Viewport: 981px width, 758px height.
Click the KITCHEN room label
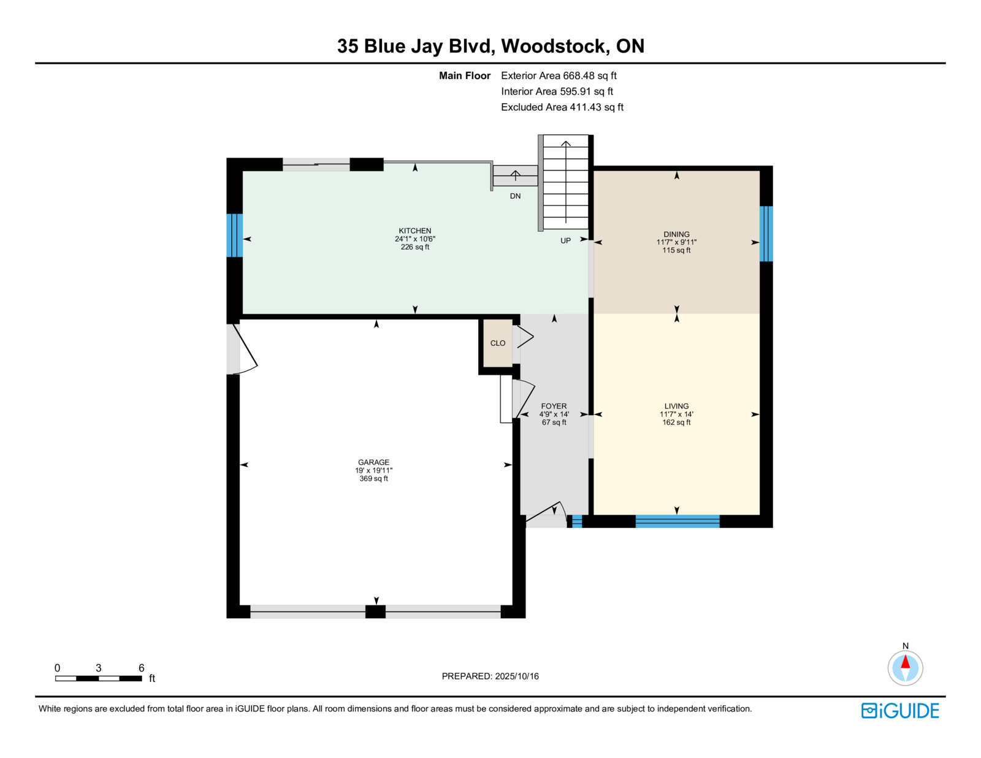tap(415, 231)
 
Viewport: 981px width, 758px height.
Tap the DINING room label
tap(676, 234)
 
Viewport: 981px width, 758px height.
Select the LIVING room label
tap(676, 406)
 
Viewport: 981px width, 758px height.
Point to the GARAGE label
tap(373, 462)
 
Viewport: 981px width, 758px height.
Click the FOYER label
tap(554, 406)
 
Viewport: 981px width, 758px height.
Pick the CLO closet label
tap(498, 343)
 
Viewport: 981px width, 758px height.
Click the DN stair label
tap(515, 196)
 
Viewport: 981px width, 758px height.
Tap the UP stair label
tap(565, 241)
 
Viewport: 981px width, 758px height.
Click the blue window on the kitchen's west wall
tap(234, 235)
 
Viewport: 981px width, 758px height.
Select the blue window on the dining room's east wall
tap(766, 234)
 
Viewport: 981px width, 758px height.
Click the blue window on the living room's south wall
tap(677, 521)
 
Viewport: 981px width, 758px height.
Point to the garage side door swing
tap(245, 350)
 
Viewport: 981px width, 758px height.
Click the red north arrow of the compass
tap(905, 662)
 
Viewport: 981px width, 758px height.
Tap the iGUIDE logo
tap(900, 711)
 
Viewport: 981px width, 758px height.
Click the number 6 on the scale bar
tap(142, 668)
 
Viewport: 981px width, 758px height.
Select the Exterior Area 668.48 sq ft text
tap(559, 76)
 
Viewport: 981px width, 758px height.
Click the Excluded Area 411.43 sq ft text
tap(562, 107)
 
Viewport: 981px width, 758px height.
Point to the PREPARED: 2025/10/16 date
tap(490, 676)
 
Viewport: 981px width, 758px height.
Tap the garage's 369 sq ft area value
tap(373, 479)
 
